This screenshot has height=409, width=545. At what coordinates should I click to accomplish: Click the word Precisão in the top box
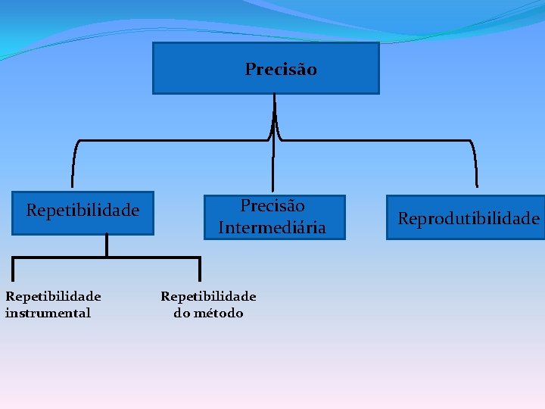pos(281,70)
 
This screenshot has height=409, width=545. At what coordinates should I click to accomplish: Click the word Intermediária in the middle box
pos(272,227)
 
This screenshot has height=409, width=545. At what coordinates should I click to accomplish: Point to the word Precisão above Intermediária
pos(272,205)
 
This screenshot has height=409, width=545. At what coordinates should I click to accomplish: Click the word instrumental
pos(48,313)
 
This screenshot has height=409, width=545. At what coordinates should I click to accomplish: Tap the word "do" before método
pos(182,313)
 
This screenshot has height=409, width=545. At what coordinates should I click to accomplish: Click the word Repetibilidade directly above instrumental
pos(53,295)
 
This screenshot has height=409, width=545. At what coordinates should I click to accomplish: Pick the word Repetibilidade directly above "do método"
pos(208,296)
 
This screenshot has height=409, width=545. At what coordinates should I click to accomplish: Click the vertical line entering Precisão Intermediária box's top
pos(272,170)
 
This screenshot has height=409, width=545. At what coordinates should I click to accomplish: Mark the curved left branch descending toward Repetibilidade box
pos(74,163)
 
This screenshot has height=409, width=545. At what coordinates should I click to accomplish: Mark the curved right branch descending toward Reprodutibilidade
pos(475,163)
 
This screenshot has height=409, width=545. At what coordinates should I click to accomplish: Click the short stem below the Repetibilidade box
pos(107,245)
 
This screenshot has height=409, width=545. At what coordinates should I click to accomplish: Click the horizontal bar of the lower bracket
pos(107,258)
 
